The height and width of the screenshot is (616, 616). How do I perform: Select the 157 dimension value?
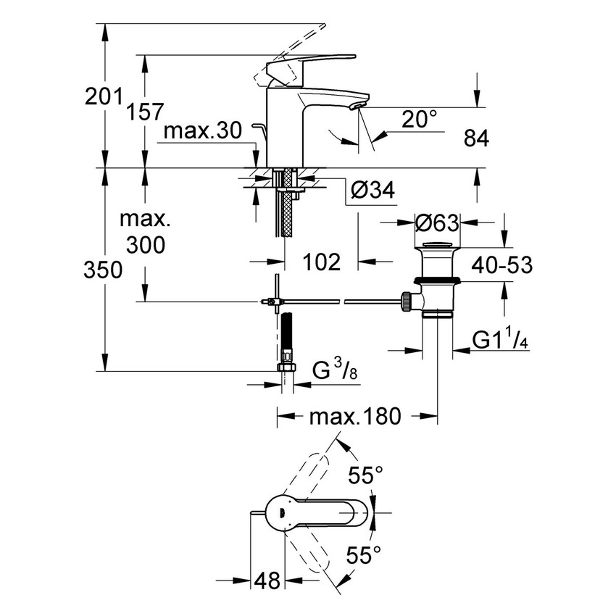pyautogui.click(x=145, y=112)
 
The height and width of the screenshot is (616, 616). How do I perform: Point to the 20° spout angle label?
pyautogui.click(x=420, y=119)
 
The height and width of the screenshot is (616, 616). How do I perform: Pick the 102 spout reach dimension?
pyautogui.click(x=320, y=262)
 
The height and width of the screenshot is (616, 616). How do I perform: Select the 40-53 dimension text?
pyautogui.click(x=502, y=265)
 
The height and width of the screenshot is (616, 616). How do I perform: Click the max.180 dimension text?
pyautogui.click(x=354, y=417)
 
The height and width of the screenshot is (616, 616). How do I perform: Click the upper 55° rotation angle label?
pyautogui.click(x=365, y=476)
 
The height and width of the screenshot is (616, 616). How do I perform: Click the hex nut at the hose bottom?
pyautogui.click(x=288, y=368)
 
